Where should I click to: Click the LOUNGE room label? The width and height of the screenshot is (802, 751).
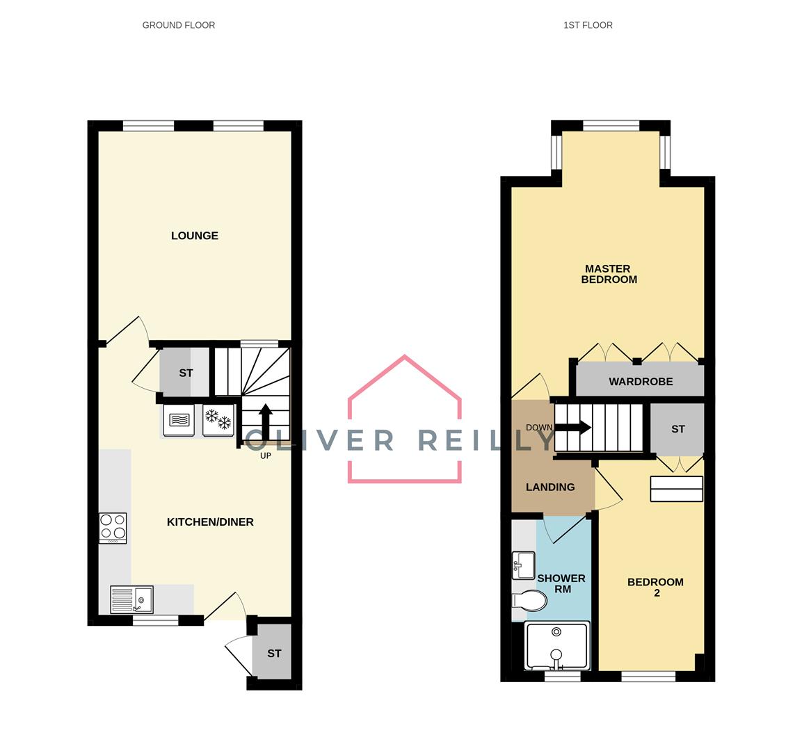coord(195,236)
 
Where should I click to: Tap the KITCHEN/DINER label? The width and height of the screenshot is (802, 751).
coord(210,522)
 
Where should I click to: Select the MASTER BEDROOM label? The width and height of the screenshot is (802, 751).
coord(609,274)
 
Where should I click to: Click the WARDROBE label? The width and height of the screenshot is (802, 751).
coord(641,382)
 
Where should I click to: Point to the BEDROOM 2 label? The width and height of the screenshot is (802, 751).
coord(655,588)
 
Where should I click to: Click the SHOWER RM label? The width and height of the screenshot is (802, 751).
coord(561,583)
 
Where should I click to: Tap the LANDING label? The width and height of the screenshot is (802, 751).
coord(550,487)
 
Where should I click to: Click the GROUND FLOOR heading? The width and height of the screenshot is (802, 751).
coord(179,25)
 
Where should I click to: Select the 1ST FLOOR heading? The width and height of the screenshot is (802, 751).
coord(588,25)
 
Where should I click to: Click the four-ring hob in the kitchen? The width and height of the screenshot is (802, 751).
coord(113,528)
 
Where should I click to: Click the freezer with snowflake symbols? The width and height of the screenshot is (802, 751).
coord(218,421)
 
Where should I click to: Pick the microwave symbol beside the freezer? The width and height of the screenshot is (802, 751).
coord(179,421)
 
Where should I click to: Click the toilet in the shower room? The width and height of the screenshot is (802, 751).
coord(529,600)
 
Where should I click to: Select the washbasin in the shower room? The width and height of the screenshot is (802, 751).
coord(522,565)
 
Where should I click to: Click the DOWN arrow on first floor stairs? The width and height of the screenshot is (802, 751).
coord(572,428)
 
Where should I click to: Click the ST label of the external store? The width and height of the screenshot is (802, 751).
coord(274,654)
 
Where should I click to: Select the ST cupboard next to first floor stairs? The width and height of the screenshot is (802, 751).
coord(677,429)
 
